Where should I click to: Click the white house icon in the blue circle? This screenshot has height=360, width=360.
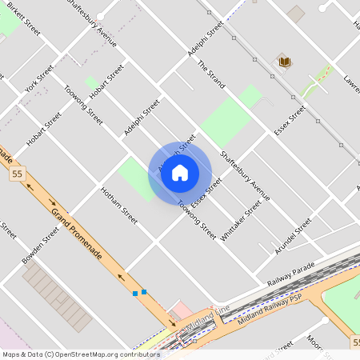(180, 173)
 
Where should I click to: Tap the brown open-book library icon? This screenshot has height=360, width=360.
(284, 61)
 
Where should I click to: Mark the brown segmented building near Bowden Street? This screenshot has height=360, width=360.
(57, 297)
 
